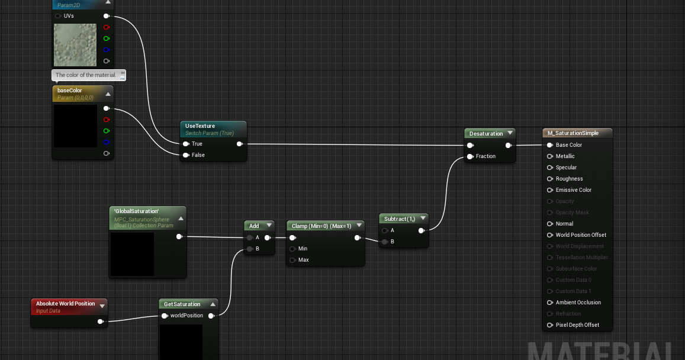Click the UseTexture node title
click(200, 126)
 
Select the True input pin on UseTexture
click(186, 144)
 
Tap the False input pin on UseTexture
click(186, 155)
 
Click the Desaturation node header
click(486, 134)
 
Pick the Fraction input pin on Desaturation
click(470, 156)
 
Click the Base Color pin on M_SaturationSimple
click(550, 145)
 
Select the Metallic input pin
click(550, 156)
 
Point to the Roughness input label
click(569, 179)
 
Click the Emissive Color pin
click(550, 190)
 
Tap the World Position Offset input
click(550, 235)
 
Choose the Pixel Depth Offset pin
click(550, 325)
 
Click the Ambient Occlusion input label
click(578, 303)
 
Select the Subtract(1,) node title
click(399, 219)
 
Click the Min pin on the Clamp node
click(292, 249)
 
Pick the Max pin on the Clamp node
click(292, 260)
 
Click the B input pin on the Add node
click(250, 249)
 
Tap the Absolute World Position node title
click(65, 304)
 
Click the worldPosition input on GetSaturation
click(165, 316)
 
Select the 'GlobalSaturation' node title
click(136, 211)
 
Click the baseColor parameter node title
click(70, 91)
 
